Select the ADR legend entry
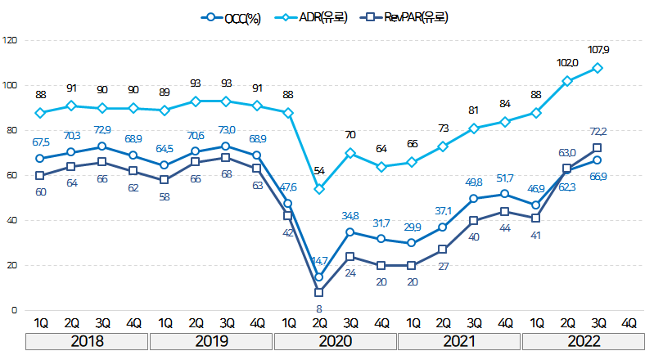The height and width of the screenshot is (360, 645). point(322,16)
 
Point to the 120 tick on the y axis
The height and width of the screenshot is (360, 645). point(10,40)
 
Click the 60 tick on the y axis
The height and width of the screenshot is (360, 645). point(11,175)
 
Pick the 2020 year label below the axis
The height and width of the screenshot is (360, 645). point(335,341)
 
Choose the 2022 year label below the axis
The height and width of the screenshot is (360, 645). point(583,341)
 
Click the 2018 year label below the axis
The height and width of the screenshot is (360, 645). point(87,341)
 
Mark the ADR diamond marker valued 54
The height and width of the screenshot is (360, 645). point(319,189)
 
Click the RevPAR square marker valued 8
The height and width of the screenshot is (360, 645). point(319,292)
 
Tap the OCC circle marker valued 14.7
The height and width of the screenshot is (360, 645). point(319,277)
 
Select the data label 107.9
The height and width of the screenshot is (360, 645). point(598,50)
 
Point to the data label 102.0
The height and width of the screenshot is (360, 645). point(567,63)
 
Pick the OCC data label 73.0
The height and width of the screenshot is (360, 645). point(226,129)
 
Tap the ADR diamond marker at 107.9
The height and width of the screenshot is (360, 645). point(598,68)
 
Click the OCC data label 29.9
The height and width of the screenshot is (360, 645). point(413,227)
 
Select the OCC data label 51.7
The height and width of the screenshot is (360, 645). point(505,178)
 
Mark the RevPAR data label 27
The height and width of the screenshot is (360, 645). point(444,266)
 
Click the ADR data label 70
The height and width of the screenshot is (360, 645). point(350,135)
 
